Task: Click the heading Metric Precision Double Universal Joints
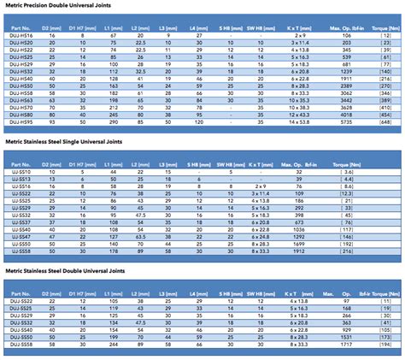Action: [61, 9]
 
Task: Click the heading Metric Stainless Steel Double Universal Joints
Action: [65, 269]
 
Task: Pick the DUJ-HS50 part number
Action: [19, 87]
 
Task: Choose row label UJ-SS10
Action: [18, 171]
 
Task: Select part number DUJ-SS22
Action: [19, 301]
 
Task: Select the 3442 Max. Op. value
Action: [347, 99]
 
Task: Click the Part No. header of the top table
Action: [18, 27]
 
